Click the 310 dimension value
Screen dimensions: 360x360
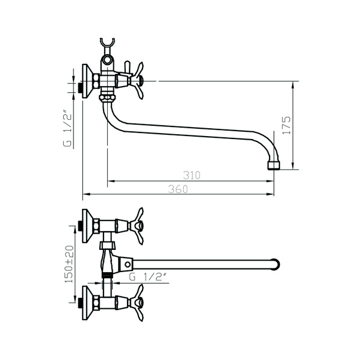click(191, 175)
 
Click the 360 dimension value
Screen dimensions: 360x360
click(178, 189)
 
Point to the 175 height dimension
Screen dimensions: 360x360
click(287, 125)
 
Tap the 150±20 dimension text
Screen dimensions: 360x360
click(69, 264)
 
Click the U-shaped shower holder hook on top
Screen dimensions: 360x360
click(107, 43)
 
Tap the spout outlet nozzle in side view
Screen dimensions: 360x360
click(274, 166)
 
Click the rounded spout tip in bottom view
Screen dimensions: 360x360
click(276, 264)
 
